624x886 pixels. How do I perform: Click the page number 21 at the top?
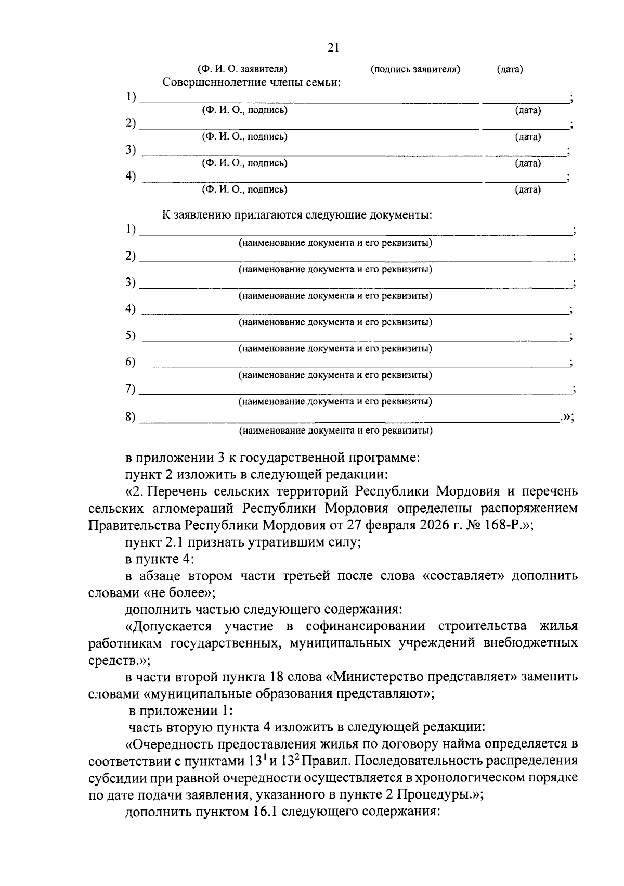click(x=333, y=48)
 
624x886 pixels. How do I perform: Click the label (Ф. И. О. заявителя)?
click(x=242, y=69)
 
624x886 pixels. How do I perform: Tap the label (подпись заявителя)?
click(x=415, y=69)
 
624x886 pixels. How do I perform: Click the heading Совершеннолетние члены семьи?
click(x=251, y=83)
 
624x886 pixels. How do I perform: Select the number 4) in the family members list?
click(x=131, y=176)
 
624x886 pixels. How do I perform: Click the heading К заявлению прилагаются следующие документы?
click(x=297, y=215)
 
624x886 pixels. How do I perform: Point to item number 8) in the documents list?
click(x=131, y=416)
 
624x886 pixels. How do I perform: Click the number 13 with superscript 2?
click(x=289, y=761)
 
